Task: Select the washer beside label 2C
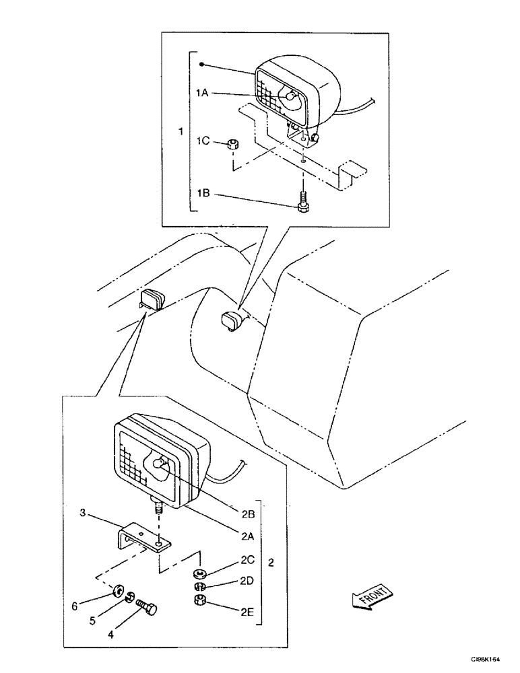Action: (x=199, y=574)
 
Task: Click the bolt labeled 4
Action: (x=146, y=609)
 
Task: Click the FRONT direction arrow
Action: (x=369, y=596)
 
